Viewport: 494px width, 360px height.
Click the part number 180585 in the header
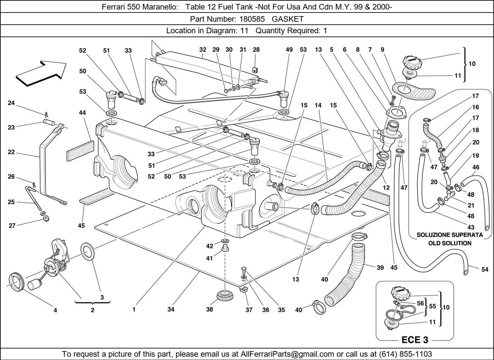point(253,19)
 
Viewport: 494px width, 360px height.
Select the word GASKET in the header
point(288,19)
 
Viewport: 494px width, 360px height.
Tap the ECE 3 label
point(415,340)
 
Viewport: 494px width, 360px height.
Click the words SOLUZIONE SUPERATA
point(450,235)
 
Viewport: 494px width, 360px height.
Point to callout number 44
point(82,113)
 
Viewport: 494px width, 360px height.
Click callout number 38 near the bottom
point(209,309)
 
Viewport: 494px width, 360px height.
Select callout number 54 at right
point(485,270)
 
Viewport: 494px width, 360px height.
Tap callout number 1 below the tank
point(134,309)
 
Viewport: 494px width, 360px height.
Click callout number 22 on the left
point(11,152)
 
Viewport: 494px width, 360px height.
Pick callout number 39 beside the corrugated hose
point(380,268)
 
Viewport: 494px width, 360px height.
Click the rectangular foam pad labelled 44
point(80,151)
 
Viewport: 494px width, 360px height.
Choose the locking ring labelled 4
point(15,282)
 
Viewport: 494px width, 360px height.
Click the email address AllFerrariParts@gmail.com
point(288,354)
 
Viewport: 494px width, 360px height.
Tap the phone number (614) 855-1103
point(405,354)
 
